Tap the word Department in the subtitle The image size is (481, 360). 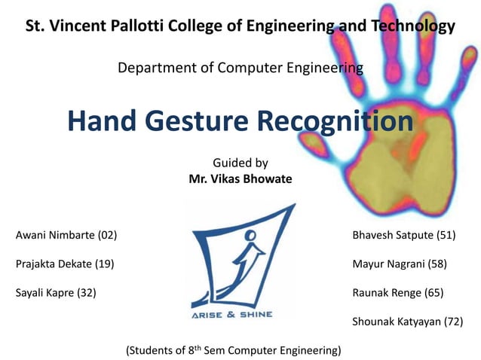tap(153, 69)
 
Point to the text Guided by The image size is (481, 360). tap(240, 162)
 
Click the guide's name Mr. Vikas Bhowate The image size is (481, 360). tap(240, 179)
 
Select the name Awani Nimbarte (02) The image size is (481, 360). tap(66, 236)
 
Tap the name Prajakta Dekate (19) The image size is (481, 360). tap(65, 264)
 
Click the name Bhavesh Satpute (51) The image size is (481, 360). tap(403, 236)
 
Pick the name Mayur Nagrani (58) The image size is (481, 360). tap(399, 264)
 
